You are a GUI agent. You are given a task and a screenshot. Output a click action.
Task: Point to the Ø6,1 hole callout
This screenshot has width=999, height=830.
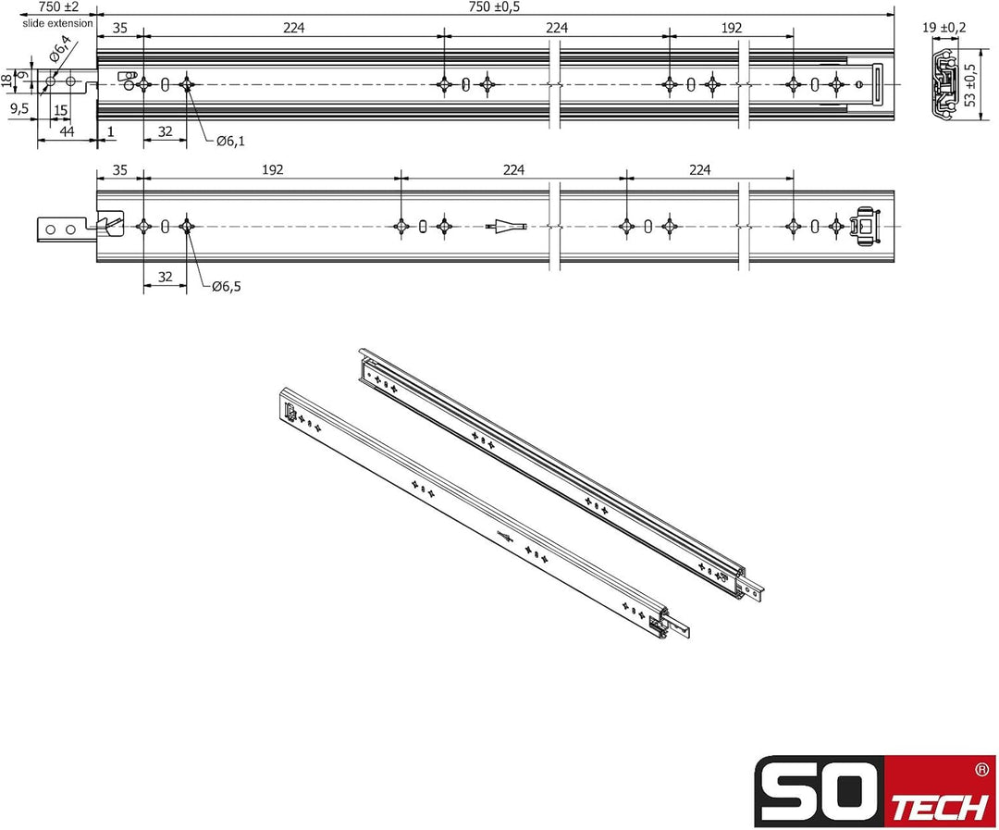click(x=230, y=141)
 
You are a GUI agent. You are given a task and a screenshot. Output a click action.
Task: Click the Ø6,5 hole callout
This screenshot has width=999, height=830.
click(x=226, y=287)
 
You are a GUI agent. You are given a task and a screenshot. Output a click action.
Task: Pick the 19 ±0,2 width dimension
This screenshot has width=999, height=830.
click(x=943, y=28)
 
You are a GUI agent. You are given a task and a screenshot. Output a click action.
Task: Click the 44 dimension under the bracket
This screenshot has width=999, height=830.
click(x=67, y=132)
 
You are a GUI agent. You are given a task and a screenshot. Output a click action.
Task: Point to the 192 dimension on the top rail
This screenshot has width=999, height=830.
click(x=731, y=28)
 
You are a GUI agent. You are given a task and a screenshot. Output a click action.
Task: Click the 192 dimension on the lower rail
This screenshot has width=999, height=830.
click(x=272, y=169)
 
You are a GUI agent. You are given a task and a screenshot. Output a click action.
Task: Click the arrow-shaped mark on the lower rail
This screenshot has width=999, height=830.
click(x=505, y=226)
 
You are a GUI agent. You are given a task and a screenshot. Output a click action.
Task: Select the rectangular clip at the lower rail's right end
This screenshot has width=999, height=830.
click(x=867, y=225)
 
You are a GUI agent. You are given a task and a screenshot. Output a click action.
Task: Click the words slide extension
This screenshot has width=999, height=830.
click(x=58, y=23)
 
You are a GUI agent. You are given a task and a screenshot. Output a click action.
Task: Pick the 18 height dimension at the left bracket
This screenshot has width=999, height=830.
click(x=7, y=81)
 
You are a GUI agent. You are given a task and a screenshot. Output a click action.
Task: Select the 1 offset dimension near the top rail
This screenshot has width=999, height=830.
click(x=111, y=132)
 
